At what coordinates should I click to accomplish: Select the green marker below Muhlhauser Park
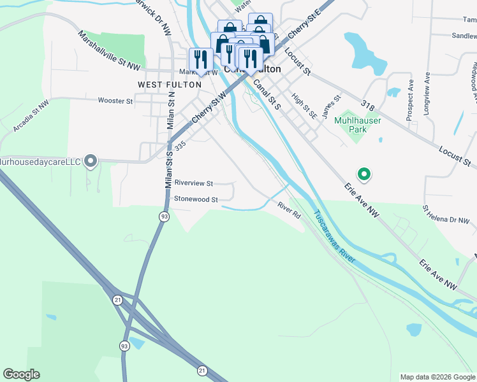[363, 173]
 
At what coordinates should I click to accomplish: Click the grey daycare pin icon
[91, 162]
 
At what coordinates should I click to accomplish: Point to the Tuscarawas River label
[334, 239]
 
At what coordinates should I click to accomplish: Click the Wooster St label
[115, 101]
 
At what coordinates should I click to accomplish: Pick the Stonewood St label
[196, 199]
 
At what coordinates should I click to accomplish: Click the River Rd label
[288, 211]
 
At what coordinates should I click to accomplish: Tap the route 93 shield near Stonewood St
[164, 217]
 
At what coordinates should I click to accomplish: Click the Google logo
[21, 374]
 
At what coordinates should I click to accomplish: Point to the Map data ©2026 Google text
[437, 377]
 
